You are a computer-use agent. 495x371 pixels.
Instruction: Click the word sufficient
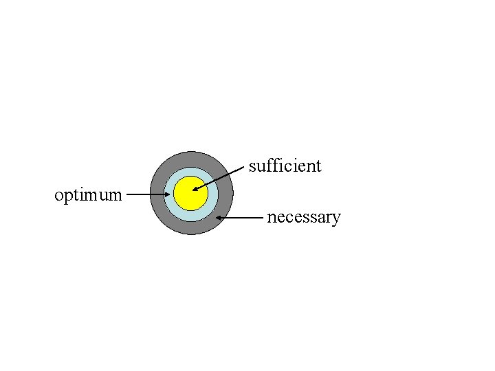pyautogui.click(x=285, y=166)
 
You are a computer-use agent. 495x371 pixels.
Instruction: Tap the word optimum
pyautogui.click(x=88, y=195)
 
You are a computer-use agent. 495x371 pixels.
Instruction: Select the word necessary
pyautogui.click(x=303, y=218)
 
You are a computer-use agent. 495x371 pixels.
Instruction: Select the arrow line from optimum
pyautogui.click(x=148, y=194)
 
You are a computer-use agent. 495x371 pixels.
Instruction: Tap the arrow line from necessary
pyautogui.click(x=241, y=218)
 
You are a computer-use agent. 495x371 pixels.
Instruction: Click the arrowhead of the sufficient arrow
pyautogui.click(x=195, y=189)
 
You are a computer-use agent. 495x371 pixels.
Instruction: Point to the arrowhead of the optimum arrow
pyautogui.click(x=168, y=194)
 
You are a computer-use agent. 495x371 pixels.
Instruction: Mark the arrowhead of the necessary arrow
pyautogui.click(x=218, y=218)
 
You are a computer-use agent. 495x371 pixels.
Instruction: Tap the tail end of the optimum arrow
pyautogui.click(x=128, y=194)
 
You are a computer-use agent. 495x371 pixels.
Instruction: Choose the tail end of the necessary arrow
pyautogui.click(x=263, y=218)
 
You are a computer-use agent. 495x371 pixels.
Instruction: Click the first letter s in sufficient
pyautogui.click(x=252, y=166)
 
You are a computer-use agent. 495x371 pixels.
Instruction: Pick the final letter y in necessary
pyautogui.click(x=336, y=219)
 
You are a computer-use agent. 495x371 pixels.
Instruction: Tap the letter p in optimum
pyautogui.click(x=67, y=197)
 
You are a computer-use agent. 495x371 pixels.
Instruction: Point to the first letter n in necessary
pyautogui.click(x=272, y=218)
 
